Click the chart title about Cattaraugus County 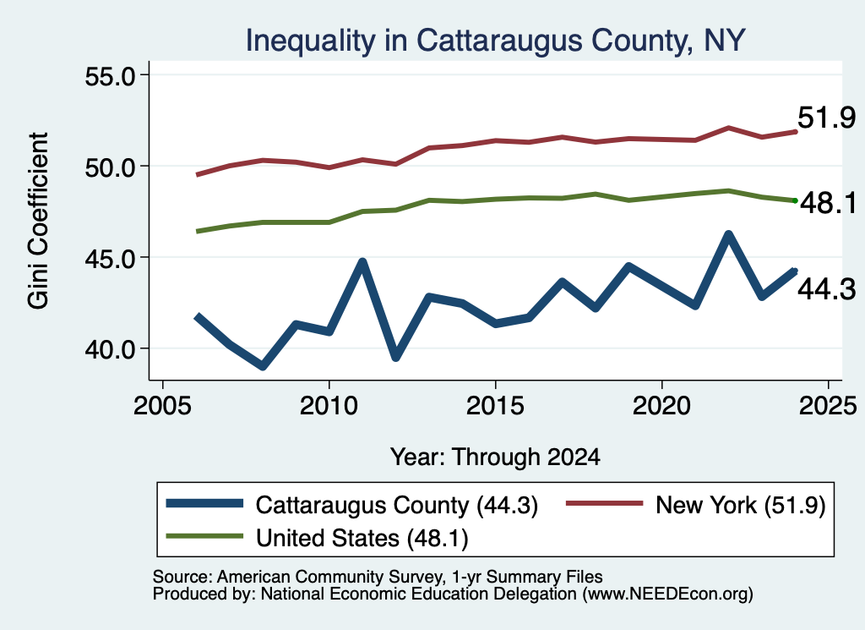click(495, 41)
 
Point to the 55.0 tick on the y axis click(110, 75)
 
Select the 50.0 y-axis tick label click(110, 167)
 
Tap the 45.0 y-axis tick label click(110, 258)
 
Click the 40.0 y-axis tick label click(110, 349)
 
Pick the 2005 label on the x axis click(162, 406)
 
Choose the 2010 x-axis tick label click(329, 406)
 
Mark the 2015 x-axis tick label click(495, 406)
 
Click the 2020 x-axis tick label click(661, 406)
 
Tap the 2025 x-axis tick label click(828, 406)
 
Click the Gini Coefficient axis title click(38, 221)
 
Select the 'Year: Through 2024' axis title click(495, 457)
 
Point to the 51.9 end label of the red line click(826, 118)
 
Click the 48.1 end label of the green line click(828, 203)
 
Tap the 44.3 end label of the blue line click(826, 289)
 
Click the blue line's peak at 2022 click(728, 235)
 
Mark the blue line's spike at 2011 click(362, 261)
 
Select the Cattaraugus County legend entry click(352, 505)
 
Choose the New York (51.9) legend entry click(696, 505)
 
